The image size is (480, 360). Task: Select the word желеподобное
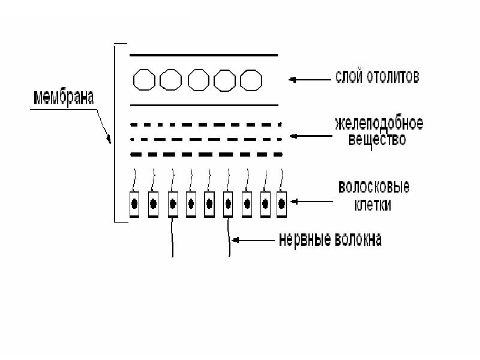coord(379,125)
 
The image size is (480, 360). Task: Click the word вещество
coord(377,140)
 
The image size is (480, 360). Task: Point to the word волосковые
coord(374,187)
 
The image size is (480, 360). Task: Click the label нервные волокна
coord(330,240)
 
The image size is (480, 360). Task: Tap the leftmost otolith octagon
coord(143,80)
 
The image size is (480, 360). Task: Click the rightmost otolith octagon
coord(250,80)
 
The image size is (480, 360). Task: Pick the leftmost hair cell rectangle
coord(134,203)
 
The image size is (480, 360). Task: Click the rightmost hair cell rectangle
coord(281,203)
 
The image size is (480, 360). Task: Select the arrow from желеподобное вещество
coord(310,136)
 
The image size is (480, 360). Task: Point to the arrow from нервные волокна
coord(252,240)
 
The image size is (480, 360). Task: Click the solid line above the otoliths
coord(204,55)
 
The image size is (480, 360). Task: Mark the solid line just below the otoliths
coord(204,105)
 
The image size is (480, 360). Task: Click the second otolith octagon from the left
coord(170,80)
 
